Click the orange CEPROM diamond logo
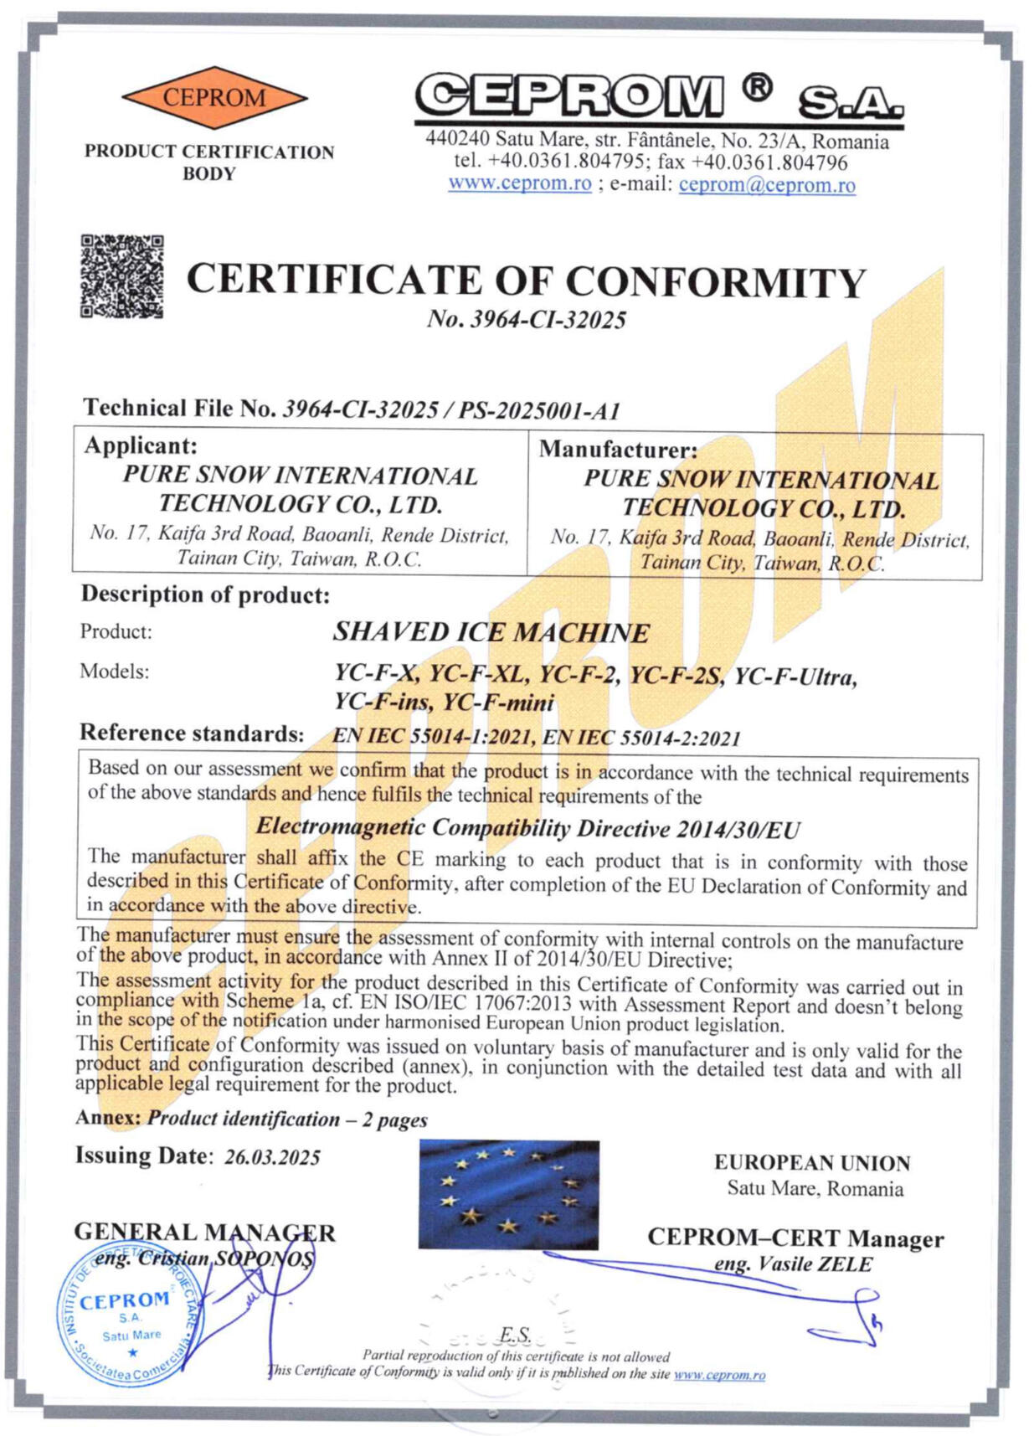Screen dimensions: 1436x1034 click(x=214, y=98)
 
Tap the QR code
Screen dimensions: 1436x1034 click(x=122, y=276)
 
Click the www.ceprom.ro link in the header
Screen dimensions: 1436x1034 click(x=520, y=183)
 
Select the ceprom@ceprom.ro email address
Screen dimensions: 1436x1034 click(x=767, y=185)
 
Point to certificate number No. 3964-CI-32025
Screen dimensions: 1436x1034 click(x=526, y=320)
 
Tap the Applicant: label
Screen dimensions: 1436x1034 click(x=141, y=445)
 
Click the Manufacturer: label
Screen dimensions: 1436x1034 click(x=618, y=450)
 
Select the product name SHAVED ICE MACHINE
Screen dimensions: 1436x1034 click(x=491, y=632)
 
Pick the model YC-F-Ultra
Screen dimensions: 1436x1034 click(x=795, y=677)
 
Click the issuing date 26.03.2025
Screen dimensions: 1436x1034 click(x=272, y=1157)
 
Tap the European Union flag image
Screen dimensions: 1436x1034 click(x=508, y=1195)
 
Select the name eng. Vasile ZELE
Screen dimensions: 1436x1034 click(x=793, y=1264)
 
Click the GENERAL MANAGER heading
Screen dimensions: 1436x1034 click(x=204, y=1233)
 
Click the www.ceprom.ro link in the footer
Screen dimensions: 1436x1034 click(x=719, y=1375)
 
